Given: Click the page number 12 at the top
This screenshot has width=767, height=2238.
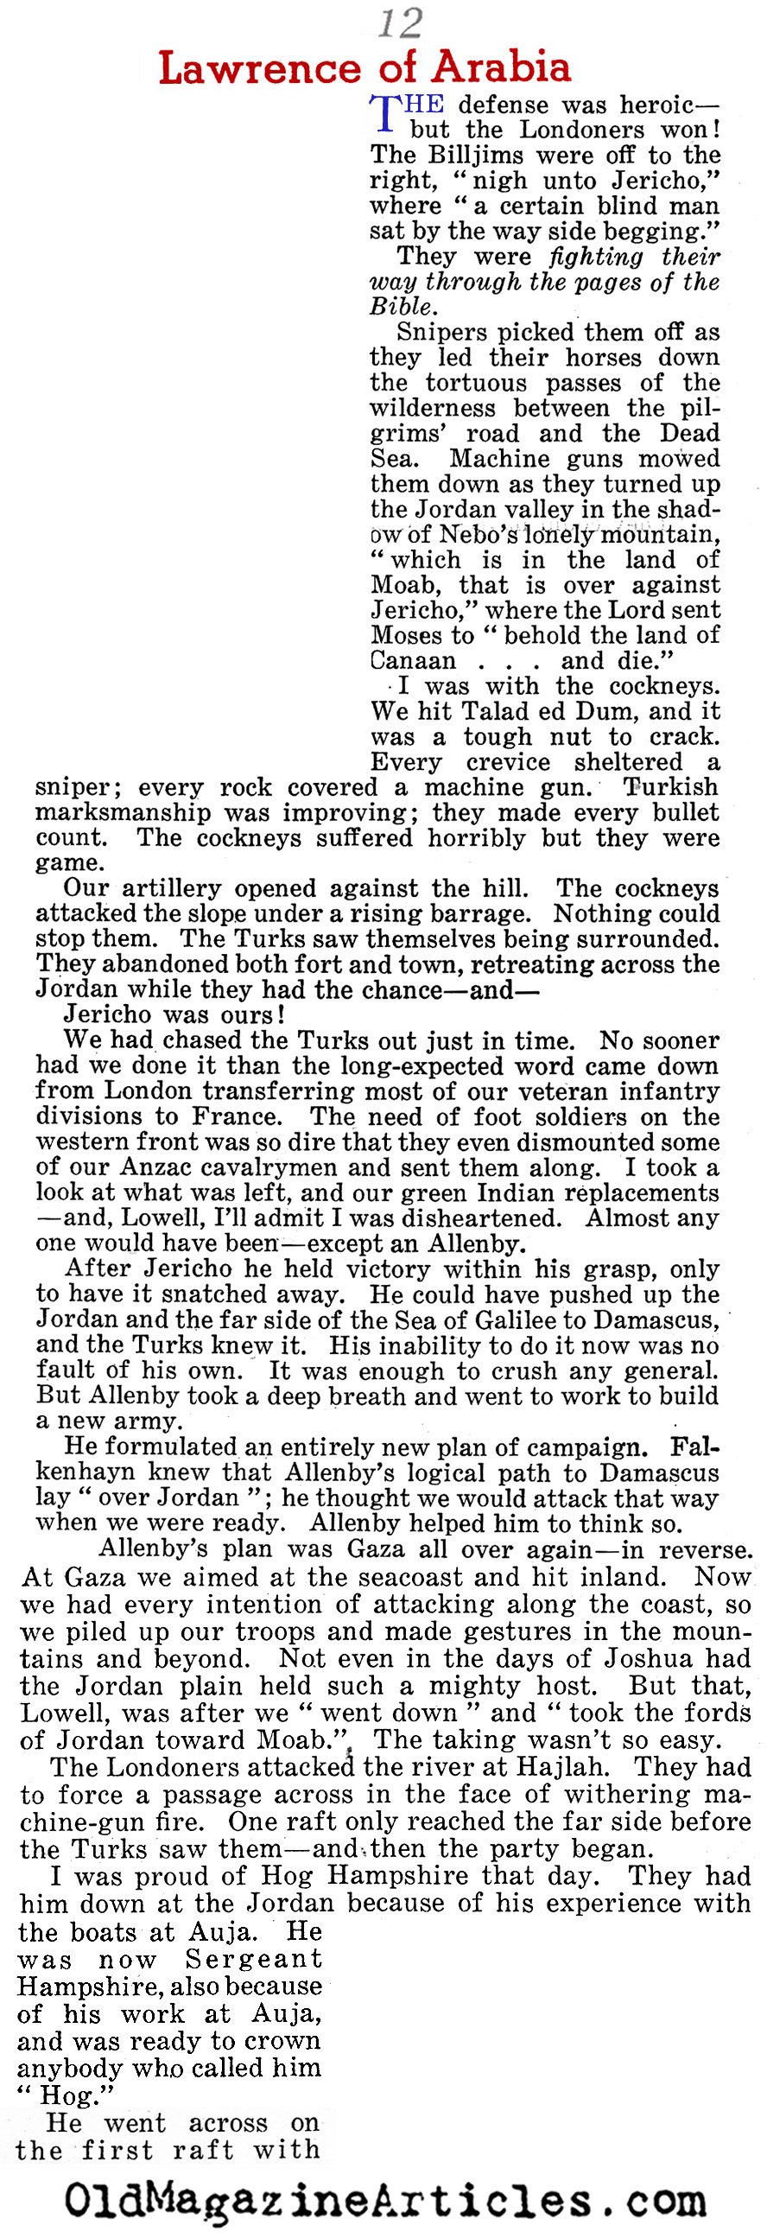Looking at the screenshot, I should click(401, 22).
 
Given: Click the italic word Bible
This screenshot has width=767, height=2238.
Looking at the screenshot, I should click(401, 307).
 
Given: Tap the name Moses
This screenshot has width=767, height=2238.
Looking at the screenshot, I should click(406, 635).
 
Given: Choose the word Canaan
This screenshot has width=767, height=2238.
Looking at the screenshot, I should click(413, 660).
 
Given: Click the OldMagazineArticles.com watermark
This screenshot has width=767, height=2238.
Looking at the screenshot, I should click(384, 2202).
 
